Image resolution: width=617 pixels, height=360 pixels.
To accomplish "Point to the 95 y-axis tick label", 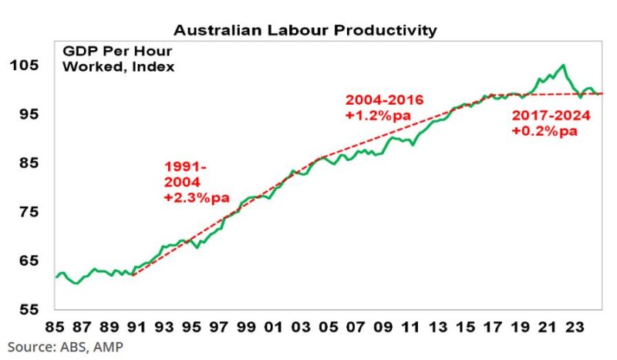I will click(28, 114).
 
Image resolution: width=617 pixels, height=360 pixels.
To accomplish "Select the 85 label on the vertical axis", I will click(28, 163).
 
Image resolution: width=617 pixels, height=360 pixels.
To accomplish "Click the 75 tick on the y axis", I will click(28, 211).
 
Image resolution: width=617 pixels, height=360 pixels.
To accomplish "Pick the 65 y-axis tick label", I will click(28, 261).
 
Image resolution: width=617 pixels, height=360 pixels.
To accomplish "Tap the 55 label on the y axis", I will click(28, 309).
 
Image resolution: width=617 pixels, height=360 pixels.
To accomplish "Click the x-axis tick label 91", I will click(133, 326).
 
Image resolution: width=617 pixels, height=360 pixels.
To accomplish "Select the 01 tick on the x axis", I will click(274, 326).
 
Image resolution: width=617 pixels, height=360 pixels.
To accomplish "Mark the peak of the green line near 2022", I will click(562, 66).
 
